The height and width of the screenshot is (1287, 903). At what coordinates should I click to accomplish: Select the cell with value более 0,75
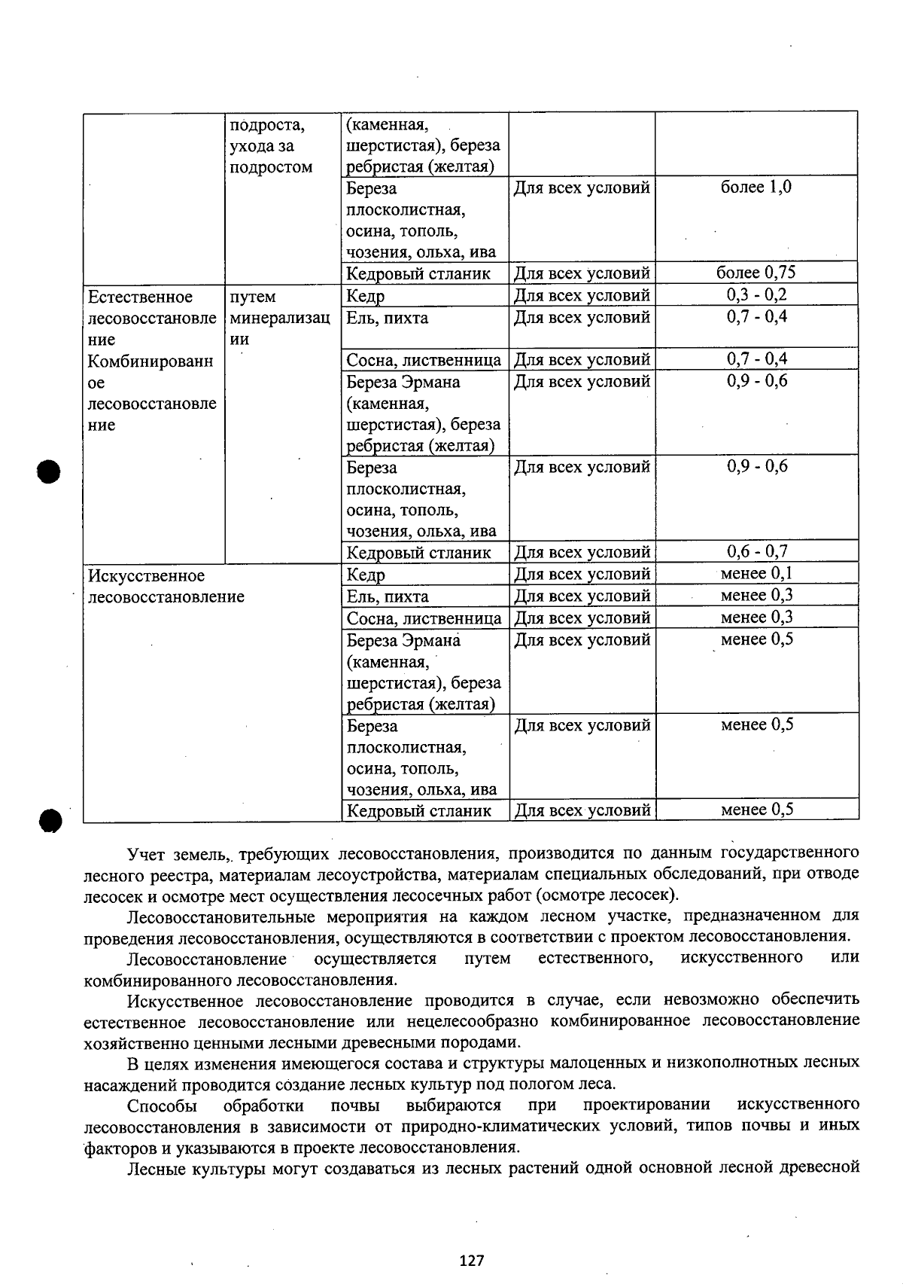(x=756, y=273)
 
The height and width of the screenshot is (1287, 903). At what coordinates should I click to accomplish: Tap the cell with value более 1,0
(x=756, y=188)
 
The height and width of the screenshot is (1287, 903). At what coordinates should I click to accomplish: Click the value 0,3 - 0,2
(x=756, y=295)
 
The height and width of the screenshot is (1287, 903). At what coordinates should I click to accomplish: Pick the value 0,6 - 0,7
(x=756, y=552)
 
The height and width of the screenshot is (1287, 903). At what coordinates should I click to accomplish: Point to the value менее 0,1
(x=756, y=574)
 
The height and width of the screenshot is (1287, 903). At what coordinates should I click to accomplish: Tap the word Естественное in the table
(x=141, y=297)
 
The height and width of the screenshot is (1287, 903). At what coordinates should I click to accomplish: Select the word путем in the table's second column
(x=253, y=297)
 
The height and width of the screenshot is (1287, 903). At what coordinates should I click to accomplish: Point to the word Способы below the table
(x=162, y=1106)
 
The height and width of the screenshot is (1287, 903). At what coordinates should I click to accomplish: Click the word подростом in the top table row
(x=271, y=167)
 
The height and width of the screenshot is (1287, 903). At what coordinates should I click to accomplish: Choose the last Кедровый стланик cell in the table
(x=419, y=811)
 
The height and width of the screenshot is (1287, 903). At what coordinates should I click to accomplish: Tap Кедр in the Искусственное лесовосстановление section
(x=366, y=575)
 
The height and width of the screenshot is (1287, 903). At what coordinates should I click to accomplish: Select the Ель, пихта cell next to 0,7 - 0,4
(x=388, y=318)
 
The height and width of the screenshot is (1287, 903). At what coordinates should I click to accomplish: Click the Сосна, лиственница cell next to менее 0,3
(x=424, y=618)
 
